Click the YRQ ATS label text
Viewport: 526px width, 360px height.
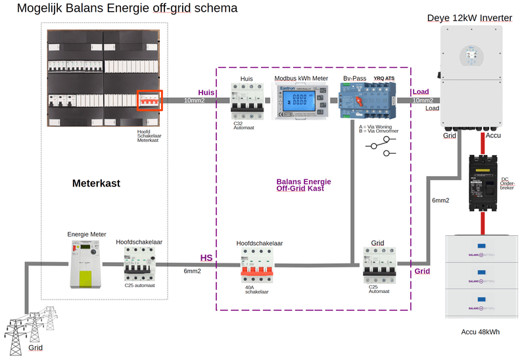pyautogui.click(x=384, y=79)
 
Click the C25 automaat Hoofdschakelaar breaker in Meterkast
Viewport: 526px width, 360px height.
pyautogui.click(x=139, y=263)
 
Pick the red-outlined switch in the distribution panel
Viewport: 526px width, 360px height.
pyautogui.click(x=149, y=101)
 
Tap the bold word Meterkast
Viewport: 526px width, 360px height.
pyautogui.click(x=96, y=183)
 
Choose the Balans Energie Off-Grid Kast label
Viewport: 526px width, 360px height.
pyautogui.click(x=304, y=185)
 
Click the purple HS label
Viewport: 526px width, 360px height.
pyautogui.click(x=206, y=258)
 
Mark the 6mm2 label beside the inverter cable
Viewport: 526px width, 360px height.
pyautogui.click(x=441, y=200)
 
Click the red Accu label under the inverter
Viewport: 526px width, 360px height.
pyautogui.click(x=494, y=136)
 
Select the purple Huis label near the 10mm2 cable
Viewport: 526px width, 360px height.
pyautogui.click(x=206, y=93)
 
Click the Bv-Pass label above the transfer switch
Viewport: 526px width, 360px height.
pyautogui.click(x=354, y=79)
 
